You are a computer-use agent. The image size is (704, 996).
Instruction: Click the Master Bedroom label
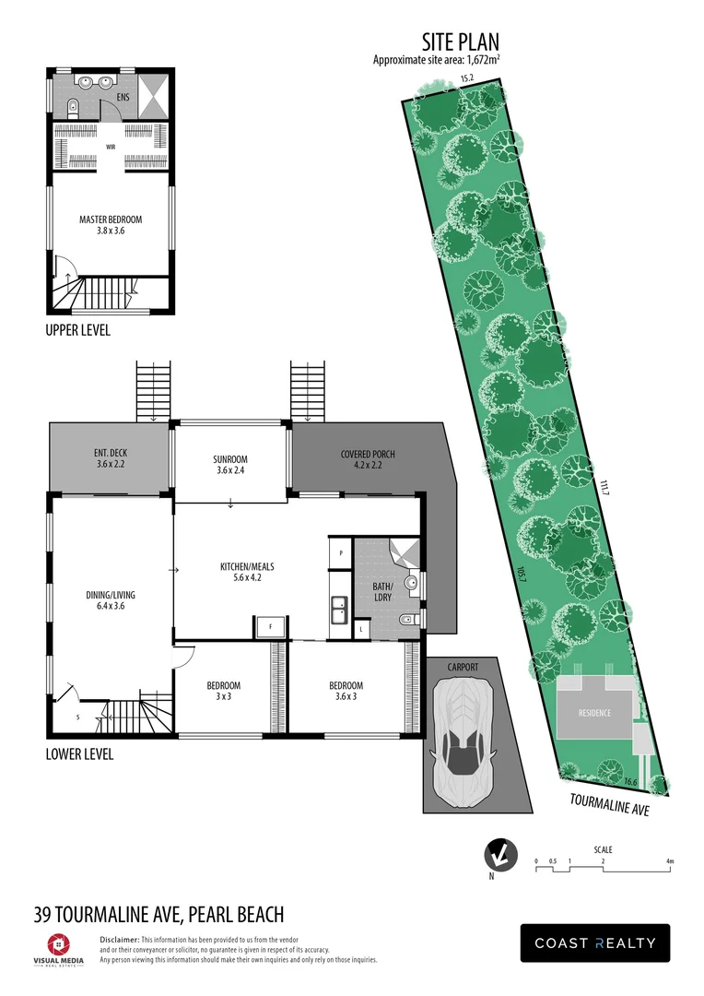[111, 224]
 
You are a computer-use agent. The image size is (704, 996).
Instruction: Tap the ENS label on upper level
[122, 96]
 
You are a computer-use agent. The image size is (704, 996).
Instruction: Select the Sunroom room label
[231, 465]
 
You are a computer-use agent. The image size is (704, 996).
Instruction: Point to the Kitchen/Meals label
[247, 572]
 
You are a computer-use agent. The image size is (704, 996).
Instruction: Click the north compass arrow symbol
[499, 856]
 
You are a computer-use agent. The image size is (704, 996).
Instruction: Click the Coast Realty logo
[595, 943]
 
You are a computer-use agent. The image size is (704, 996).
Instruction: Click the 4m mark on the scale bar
[670, 861]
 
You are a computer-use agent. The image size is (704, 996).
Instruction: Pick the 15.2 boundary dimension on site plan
[466, 79]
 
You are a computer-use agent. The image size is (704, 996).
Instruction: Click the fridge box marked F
[271, 626]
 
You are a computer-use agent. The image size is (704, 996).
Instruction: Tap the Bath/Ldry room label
[383, 591]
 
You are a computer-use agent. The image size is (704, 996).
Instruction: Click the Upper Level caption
[77, 330]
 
